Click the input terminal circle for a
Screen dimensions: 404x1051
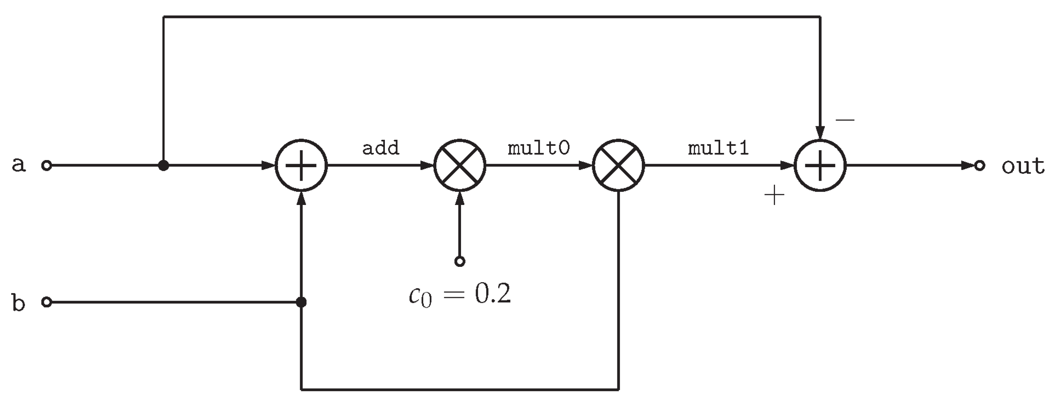[x=47, y=166]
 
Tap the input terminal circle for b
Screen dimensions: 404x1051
[x=47, y=302]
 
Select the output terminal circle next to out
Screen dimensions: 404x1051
[x=980, y=166]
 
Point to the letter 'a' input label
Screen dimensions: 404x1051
[x=18, y=165]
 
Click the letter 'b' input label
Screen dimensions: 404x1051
[x=18, y=303]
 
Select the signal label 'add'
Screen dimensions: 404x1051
[x=380, y=148]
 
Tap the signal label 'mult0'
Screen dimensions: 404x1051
[x=538, y=148]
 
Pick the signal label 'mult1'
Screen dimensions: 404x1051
[x=718, y=148]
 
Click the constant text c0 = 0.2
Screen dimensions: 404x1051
[x=459, y=294]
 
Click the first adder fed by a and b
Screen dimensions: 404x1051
[x=301, y=166]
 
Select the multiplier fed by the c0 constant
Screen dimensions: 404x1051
[x=460, y=166]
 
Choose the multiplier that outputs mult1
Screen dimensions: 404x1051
[x=618, y=166]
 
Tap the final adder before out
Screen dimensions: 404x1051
[x=820, y=166]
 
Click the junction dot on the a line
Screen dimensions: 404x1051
[x=163, y=166]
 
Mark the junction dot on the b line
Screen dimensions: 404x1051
[x=301, y=302]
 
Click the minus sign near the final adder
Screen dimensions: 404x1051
[x=845, y=120]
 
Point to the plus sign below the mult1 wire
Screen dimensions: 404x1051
[x=774, y=195]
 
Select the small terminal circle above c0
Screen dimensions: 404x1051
[x=460, y=261]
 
